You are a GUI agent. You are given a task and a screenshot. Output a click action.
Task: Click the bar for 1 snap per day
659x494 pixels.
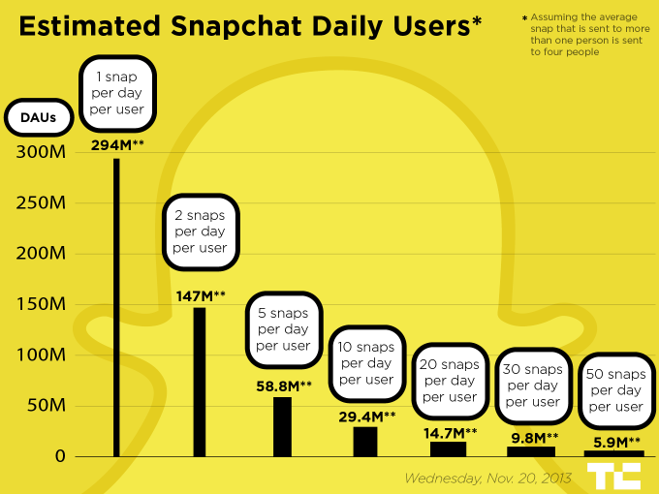(116, 307)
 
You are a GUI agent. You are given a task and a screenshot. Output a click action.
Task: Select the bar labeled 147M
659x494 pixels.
(200, 382)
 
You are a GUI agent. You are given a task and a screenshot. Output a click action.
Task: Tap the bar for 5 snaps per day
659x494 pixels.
(282, 426)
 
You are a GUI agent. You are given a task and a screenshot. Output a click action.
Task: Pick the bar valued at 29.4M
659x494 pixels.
(365, 441)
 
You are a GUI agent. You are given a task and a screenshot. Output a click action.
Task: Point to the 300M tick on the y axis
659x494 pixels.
(42, 152)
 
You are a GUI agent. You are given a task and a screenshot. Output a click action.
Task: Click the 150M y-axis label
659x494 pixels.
(42, 304)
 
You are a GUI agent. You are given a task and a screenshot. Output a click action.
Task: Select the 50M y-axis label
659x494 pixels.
(46, 405)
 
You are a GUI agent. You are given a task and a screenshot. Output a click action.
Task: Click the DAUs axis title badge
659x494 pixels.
(39, 118)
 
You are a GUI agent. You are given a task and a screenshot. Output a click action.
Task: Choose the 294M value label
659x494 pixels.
(117, 145)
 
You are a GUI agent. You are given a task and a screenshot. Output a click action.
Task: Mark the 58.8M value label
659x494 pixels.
(283, 386)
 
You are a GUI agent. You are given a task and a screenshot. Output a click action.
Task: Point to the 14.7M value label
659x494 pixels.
(451, 432)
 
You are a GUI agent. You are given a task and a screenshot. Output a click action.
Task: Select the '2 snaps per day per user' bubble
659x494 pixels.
(200, 233)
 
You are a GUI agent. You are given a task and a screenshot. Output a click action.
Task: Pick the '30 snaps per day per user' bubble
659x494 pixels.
(533, 386)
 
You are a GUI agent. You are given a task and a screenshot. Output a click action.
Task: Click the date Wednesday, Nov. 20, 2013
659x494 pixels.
(487, 478)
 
